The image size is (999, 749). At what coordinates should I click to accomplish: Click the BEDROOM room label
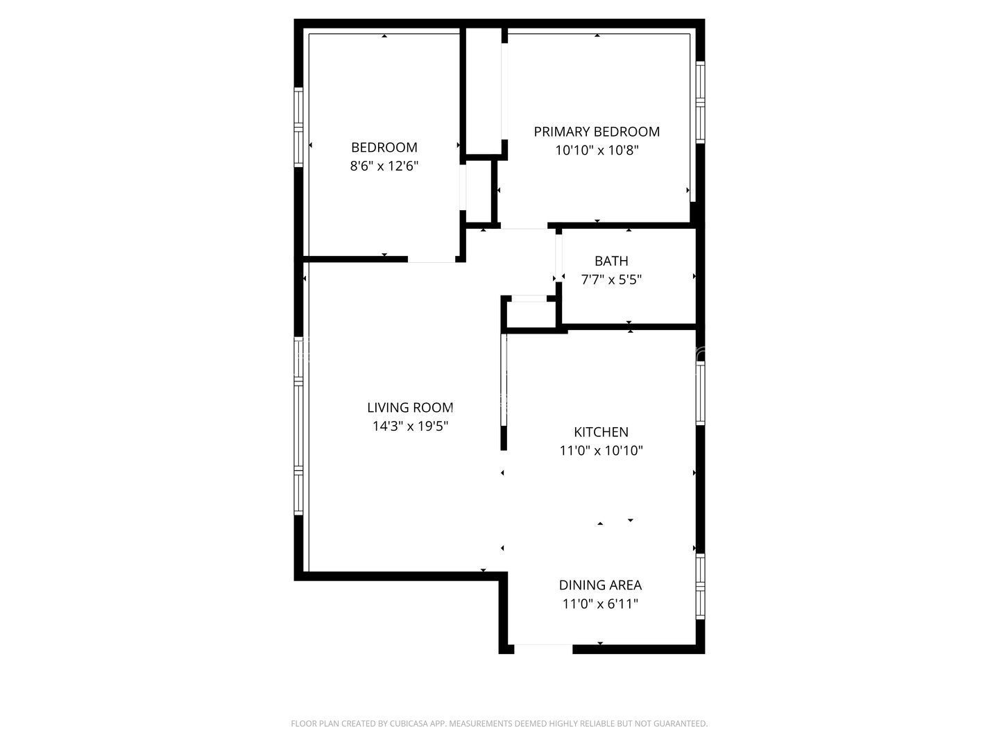coord(384,147)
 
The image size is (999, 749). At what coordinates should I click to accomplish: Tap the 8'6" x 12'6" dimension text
coord(384,166)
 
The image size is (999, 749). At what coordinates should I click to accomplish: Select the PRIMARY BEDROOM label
coord(597,131)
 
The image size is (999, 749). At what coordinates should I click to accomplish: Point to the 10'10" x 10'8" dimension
coord(597,150)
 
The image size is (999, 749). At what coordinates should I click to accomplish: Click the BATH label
coord(611,261)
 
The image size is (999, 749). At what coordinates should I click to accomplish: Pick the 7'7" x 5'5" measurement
coord(611,279)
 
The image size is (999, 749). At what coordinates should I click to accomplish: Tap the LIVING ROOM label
coord(410,407)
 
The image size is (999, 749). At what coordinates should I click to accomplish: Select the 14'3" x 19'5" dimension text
coord(410,426)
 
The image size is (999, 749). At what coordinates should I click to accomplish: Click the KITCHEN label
coord(601,431)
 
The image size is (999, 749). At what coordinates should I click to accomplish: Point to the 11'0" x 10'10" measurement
coord(601,450)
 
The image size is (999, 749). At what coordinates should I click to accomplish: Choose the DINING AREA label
coord(600,585)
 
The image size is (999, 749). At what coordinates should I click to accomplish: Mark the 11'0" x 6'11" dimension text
coord(600,603)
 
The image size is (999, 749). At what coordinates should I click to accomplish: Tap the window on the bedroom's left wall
coord(299,127)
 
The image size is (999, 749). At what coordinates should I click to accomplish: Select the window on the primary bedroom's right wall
coord(700,102)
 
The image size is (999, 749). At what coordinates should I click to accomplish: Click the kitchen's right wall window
coord(701,393)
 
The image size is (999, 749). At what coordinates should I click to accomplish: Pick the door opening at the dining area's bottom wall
coord(543,648)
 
